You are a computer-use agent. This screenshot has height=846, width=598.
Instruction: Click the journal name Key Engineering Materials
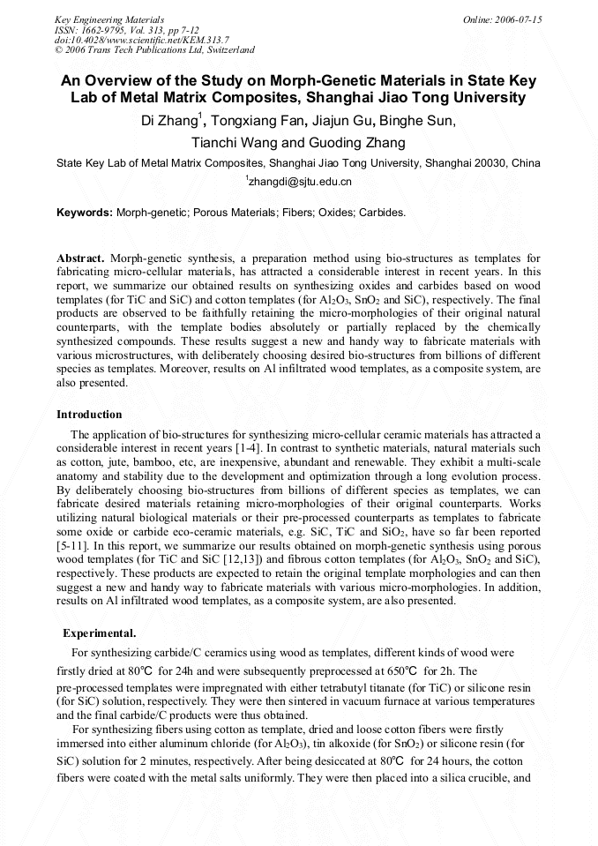click(108, 19)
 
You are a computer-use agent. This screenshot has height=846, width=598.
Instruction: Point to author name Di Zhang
click(170, 121)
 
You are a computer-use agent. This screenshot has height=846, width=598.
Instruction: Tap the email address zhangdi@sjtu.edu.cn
click(300, 182)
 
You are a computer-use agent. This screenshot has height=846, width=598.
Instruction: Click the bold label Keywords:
click(85, 213)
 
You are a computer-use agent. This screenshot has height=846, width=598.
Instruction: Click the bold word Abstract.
click(81, 258)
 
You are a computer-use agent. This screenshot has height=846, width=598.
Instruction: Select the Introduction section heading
click(89, 414)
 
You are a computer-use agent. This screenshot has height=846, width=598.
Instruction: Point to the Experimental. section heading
click(99, 633)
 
